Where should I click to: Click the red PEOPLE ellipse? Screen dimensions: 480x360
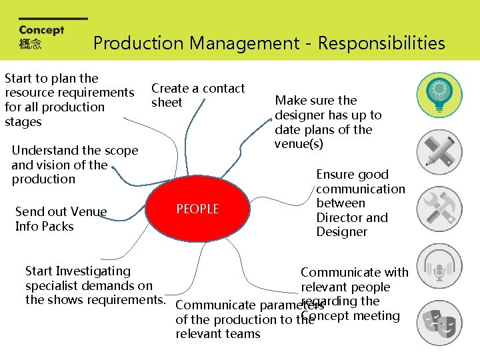pos(197,209)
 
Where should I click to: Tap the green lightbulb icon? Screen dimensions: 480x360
pos(439,95)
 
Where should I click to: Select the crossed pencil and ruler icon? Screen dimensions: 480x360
pos(439,152)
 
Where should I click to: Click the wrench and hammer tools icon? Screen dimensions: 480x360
pos(439,209)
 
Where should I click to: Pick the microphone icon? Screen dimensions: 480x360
pos(439,265)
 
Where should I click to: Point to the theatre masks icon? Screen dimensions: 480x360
pos(439,323)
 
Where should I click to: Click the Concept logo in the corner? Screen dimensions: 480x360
pos(41,37)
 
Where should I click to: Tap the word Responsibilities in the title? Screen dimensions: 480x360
pos(381,43)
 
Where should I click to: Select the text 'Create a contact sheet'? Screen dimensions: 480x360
pos(197,95)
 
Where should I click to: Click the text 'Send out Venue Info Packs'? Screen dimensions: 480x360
pos(61,219)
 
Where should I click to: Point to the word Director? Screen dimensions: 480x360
pos(341,217)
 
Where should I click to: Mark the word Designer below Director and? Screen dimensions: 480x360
pos(342,232)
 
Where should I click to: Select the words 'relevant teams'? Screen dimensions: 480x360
pos(218,334)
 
